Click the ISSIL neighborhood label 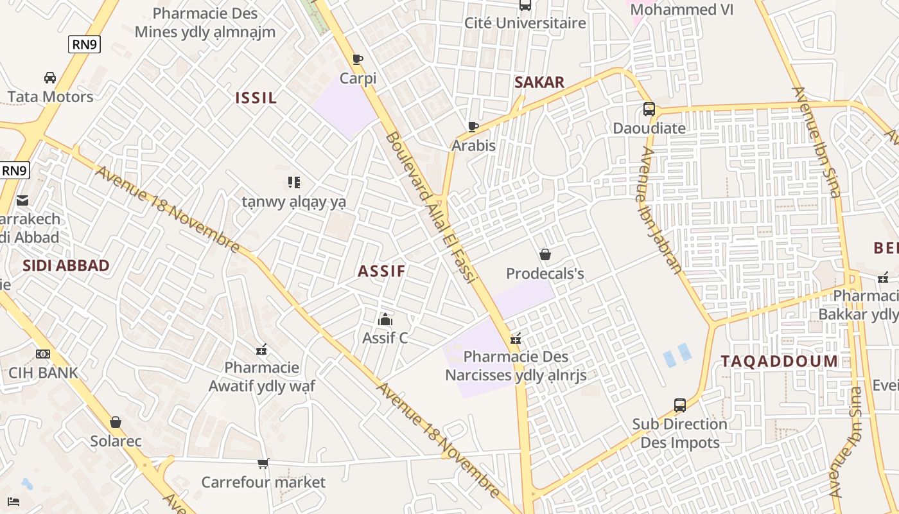click(256, 98)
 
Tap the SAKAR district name click(539, 82)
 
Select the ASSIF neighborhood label click(381, 271)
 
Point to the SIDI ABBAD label click(65, 266)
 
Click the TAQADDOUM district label click(779, 361)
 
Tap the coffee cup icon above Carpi click(358, 60)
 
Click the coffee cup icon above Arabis click(473, 127)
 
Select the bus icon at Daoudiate click(649, 109)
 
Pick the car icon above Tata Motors click(50, 78)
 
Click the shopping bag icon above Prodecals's click(545, 255)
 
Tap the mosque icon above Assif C click(385, 319)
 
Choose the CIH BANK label click(43, 373)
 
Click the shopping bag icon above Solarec click(116, 422)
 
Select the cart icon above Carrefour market click(263, 463)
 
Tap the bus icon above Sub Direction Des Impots click(680, 405)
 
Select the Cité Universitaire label click(525, 23)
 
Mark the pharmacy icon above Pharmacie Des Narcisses click(515, 338)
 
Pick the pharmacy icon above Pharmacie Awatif click(261, 350)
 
